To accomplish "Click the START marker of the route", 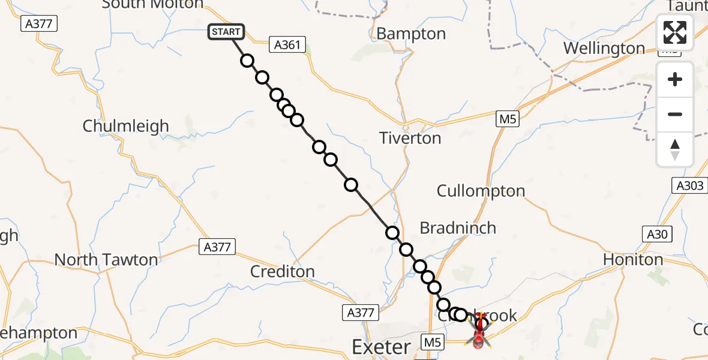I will point(226,32).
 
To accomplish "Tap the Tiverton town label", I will point(410,138).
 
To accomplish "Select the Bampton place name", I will point(411,34).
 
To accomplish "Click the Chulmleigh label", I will point(126,127).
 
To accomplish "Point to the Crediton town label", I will point(283,271).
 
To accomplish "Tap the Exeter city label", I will point(381,347).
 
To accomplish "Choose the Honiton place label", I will point(634,260).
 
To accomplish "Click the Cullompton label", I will point(481,191).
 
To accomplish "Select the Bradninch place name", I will point(458,228).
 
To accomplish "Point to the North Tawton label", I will point(106,260).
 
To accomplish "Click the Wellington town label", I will point(604,48).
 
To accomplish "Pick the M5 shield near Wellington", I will point(508,119).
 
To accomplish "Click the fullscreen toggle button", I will point(675,32).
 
